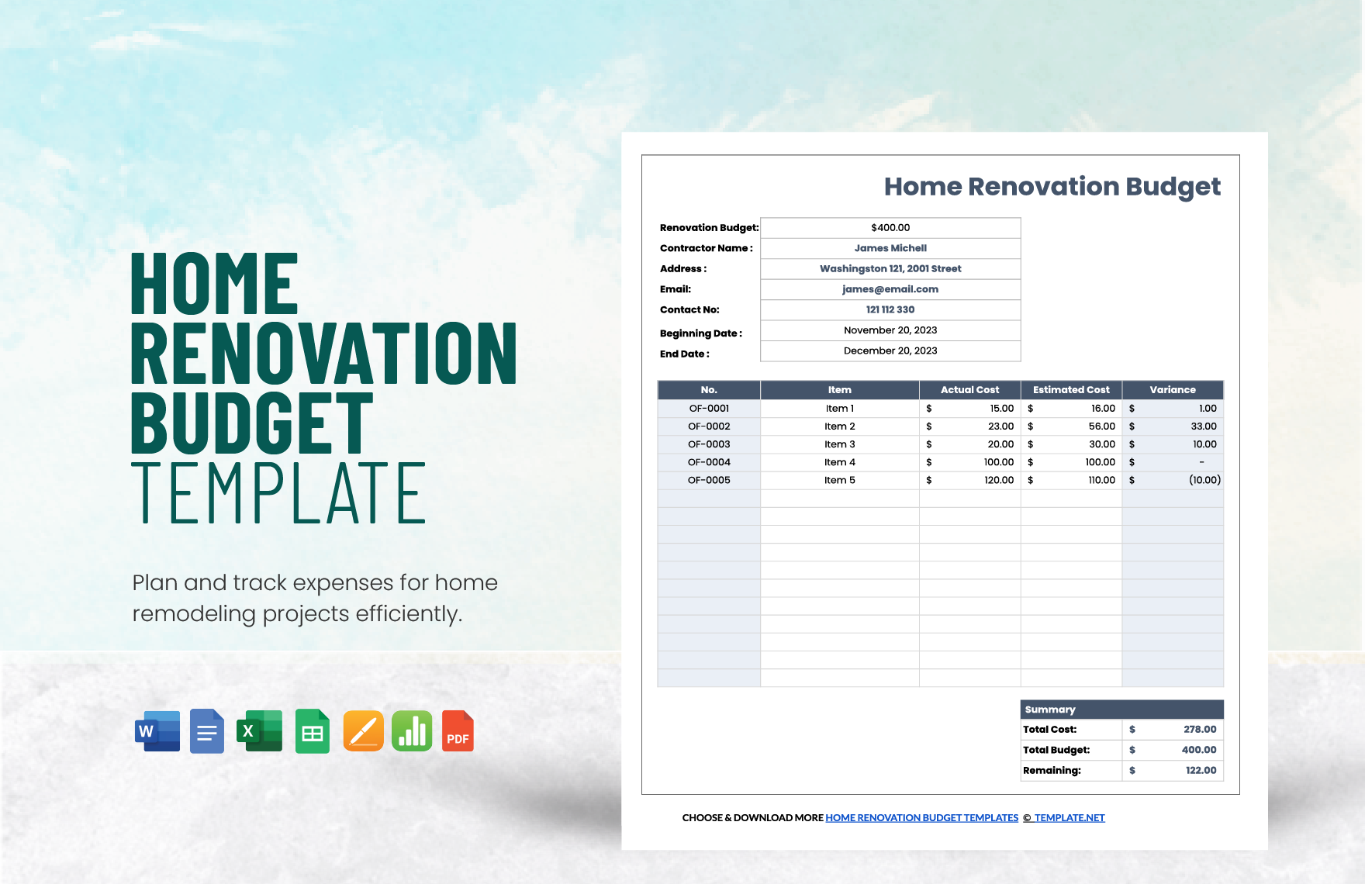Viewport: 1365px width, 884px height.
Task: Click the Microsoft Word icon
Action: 157,731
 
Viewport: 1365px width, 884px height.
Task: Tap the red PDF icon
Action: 458,731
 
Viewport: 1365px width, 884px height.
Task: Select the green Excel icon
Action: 260,731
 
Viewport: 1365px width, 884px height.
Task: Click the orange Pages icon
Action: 363,731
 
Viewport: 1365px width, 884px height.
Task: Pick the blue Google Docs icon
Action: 207,731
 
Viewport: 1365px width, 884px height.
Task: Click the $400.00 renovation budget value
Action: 890,228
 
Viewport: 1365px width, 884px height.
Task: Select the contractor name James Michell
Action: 890,248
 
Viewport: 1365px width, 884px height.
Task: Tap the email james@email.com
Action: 890,289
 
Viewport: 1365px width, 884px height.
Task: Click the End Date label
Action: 684,354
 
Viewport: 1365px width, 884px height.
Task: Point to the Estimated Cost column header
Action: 1071,390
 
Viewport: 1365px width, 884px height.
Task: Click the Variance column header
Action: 1172,390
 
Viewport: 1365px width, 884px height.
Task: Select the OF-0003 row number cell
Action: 709,444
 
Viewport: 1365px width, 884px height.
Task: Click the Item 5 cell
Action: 839,480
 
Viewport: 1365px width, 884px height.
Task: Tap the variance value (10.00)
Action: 1204,480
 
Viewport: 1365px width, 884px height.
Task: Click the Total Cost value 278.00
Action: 1199,730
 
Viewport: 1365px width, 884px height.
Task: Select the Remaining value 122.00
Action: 1200,771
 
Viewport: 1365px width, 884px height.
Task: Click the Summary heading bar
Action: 1121,710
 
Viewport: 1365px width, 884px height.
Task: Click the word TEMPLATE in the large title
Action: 279,494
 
